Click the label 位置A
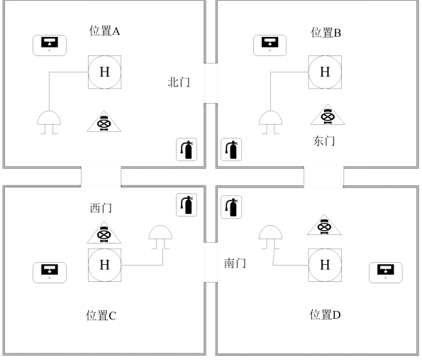(x=104, y=31)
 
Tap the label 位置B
(x=326, y=33)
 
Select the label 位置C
(x=101, y=315)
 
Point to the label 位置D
(x=325, y=315)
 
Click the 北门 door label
(x=179, y=82)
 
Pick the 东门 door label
(x=324, y=141)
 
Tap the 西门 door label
(x=101, y=208)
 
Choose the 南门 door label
(x=235, y=263)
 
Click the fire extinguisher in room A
(x=187, y=150)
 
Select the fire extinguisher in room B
(x=231, y=150)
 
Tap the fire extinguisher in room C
(x=187, y=204)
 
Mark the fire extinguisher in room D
(x=231, y=207)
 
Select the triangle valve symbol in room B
(x=328, y=114)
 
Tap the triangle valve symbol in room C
(x=104, y=232)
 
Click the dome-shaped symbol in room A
(x=49, y=122)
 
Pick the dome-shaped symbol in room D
(x=270, y=237)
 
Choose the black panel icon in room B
(x=270, y=45)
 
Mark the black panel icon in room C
(x=50, y=273)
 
